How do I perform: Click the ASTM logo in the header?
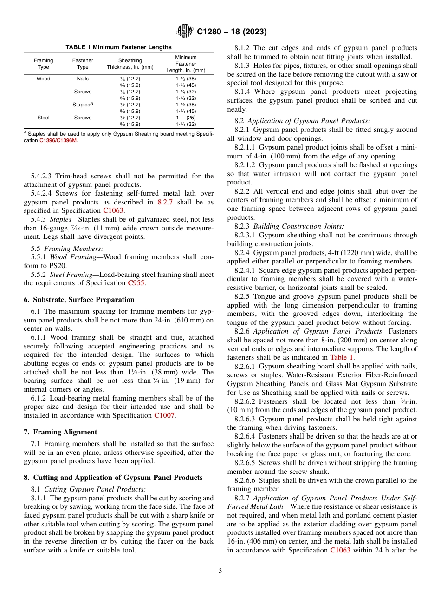tap(185, 32)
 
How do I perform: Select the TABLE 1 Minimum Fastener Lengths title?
tap(118, 47)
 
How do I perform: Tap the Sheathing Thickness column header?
tap(130, 64)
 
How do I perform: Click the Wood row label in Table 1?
tap(44, 79)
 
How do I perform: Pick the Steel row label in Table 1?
tap(44, 118)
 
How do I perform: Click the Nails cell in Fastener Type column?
tap(83, 79)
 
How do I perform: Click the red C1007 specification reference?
tap(164, 415)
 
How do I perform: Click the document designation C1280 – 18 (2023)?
tap(232, 32)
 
